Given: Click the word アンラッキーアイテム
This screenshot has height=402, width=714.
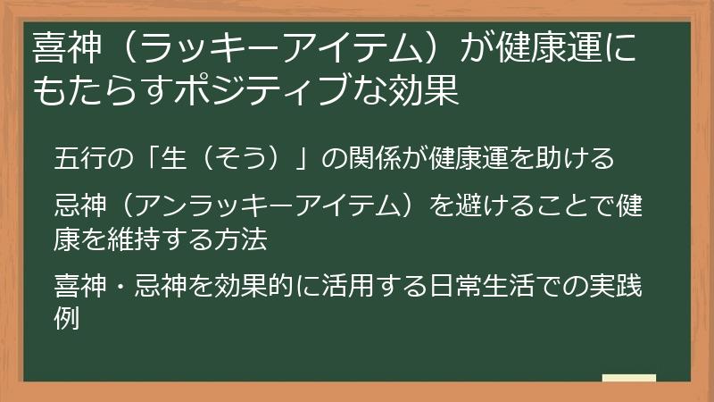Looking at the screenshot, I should [269, 209].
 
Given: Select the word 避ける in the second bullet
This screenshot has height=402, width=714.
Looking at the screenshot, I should [484, 209].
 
